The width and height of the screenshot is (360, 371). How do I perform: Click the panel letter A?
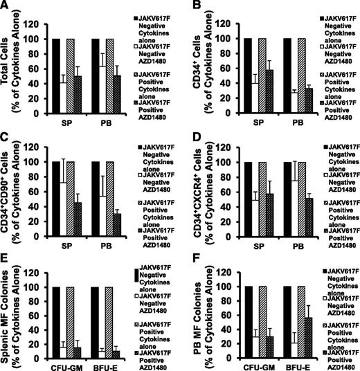coord(6,6)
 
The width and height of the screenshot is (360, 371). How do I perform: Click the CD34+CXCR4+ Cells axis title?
coord(188,183)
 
